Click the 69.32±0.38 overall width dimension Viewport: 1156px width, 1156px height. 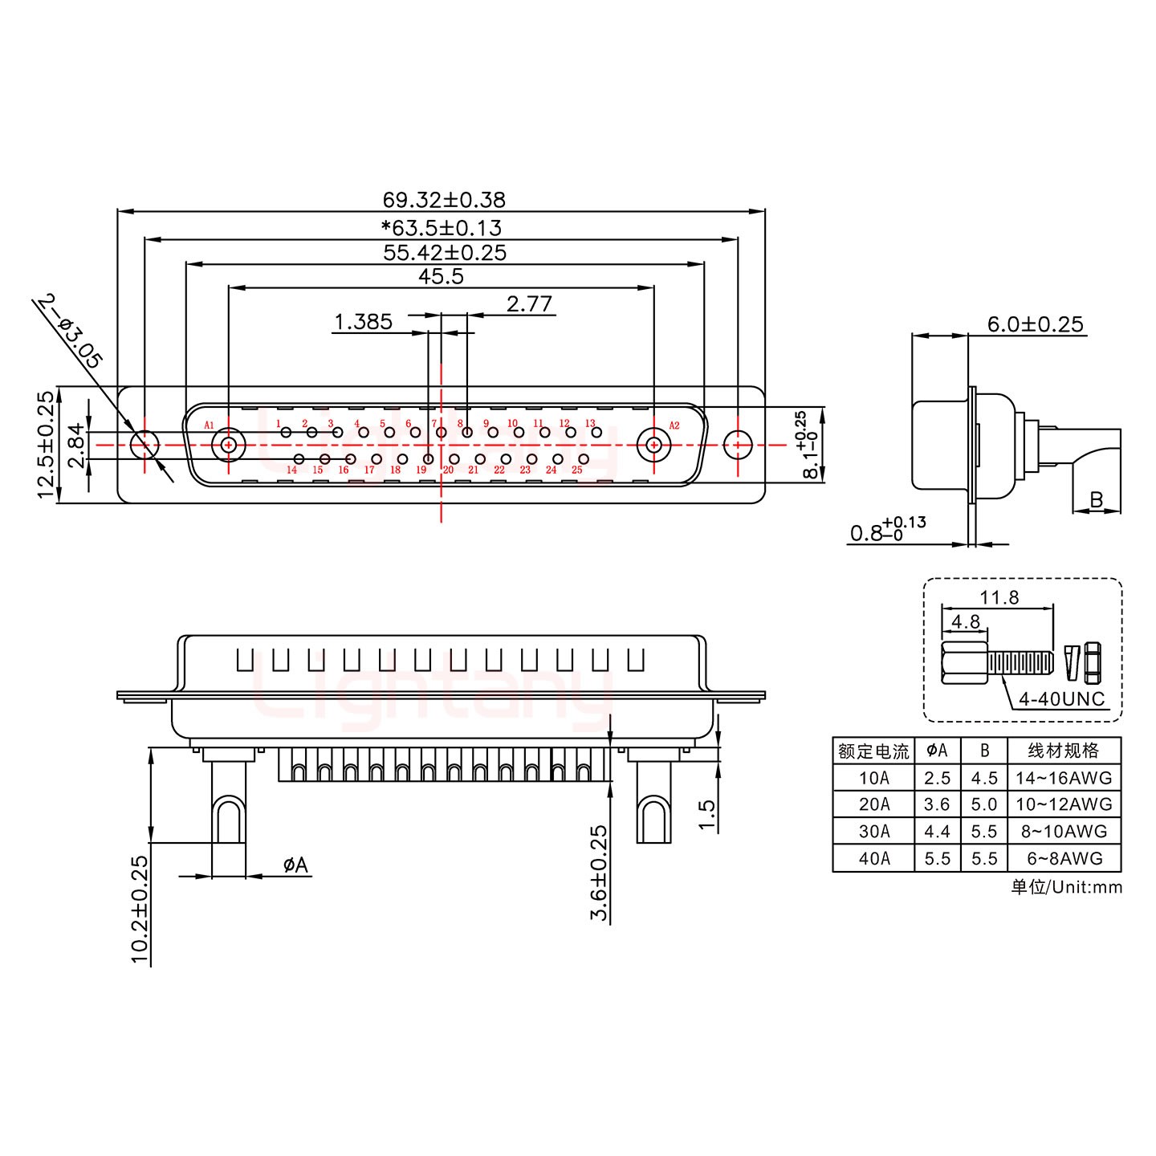click(x=444, y=199)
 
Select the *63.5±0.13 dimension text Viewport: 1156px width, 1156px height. click(x=442, y=227)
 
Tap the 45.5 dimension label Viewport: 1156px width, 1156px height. click(x=441, y=277)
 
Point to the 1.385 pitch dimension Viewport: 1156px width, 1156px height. click(x=363, y=322)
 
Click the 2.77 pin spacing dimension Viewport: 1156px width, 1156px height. click(x=529, y=304)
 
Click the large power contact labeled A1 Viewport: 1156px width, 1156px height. click(x=229, y=444)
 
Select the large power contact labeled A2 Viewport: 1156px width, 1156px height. click(x=653, y=444)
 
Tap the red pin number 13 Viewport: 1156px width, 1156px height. click(x=590, y=423)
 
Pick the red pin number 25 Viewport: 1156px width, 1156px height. click(x=576, y=470)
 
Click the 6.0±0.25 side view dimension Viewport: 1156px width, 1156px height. click(x=1035, y=324)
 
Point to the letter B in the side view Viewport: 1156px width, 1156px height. click(x=1096, y=501)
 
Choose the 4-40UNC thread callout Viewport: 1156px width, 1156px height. click(x=1061, y=698)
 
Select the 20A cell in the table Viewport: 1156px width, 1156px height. click(x=873, y=804)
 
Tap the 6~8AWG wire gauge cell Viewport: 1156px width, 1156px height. click(x=1064, y=858)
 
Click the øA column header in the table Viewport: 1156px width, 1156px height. click(x=937, y=751)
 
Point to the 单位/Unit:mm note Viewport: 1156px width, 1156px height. click(x=1066, y=887)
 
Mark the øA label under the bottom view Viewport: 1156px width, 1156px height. click(x=295, y=865)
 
